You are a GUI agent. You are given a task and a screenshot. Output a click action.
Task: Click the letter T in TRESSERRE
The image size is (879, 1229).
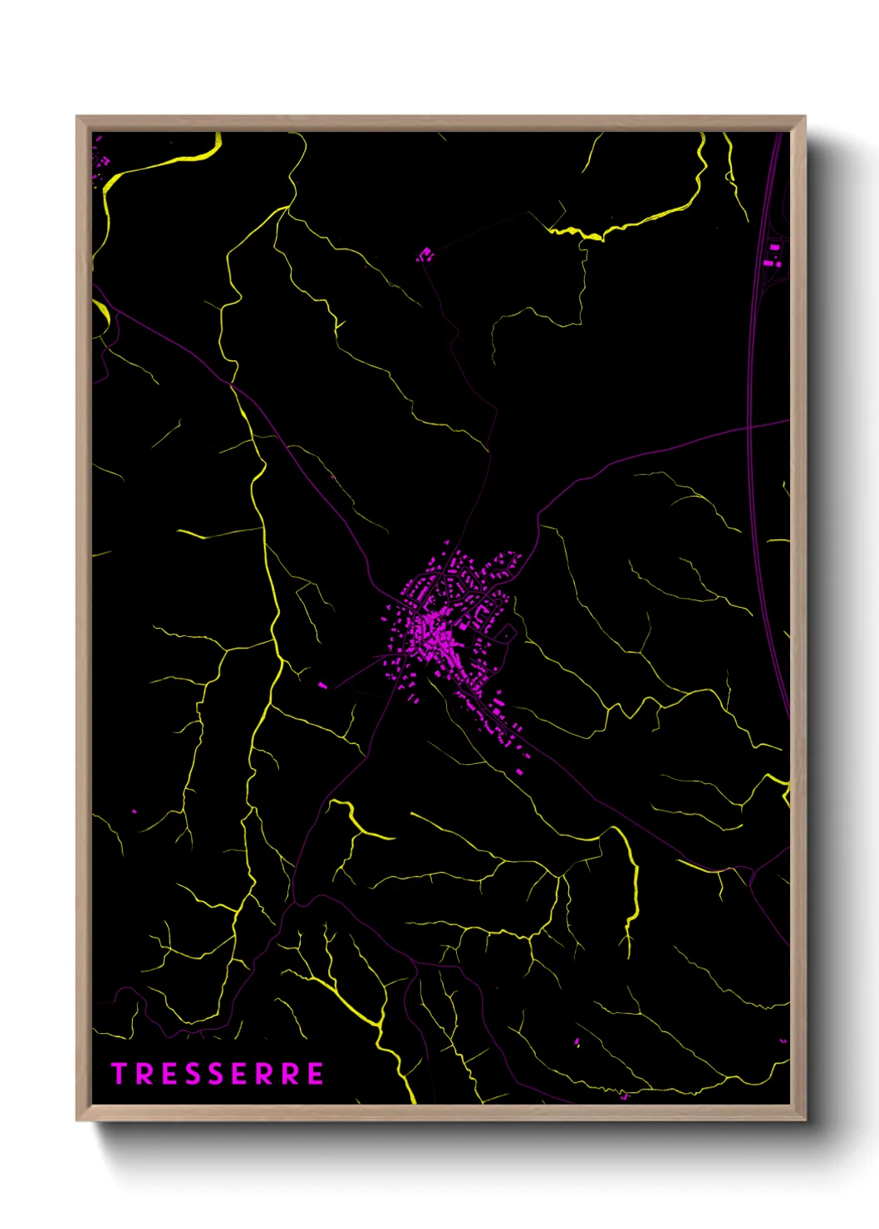pos(118,1074)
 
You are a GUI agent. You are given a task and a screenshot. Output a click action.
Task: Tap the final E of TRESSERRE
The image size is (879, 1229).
pos(315,1074)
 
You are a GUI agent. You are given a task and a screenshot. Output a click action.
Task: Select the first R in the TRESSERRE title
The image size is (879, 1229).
pos(141,1074)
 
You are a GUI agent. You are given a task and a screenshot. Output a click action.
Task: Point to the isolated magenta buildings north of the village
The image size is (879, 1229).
pos(425,254)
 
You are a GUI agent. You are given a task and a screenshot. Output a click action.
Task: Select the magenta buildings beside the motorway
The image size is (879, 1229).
pos(774,254)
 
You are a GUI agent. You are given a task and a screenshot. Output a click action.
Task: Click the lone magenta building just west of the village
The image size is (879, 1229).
pos(323,685)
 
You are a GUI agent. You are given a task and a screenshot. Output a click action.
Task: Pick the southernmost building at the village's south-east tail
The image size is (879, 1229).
pos(520,771)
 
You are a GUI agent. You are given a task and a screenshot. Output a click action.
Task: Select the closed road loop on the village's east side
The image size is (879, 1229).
pos(506,634)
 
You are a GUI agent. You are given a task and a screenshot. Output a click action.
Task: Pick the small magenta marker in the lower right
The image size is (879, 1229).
pos(577,1041)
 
